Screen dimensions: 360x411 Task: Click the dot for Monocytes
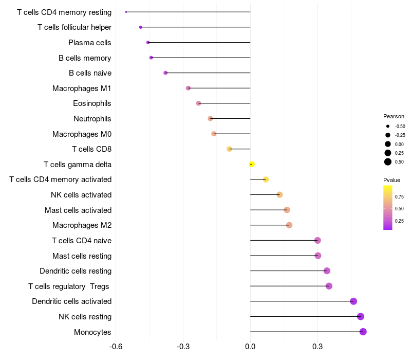(363, 332)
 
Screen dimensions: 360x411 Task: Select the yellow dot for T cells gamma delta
(252, 164)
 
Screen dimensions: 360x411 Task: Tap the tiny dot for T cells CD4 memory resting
(126, 12)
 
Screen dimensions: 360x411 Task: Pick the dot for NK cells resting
(361, 317)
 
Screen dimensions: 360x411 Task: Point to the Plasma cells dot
(148, 42)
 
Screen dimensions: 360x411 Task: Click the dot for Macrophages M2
(289, 225)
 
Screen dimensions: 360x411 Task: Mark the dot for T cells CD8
(230, 149)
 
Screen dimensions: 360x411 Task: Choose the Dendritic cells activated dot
(353, 301)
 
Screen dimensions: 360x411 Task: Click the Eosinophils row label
(92, 103)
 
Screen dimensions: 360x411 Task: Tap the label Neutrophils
(92, 119)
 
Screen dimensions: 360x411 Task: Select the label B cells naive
(90, 73)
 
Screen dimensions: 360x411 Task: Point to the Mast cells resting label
(82, 256)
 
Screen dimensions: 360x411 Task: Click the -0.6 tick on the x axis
(116, 347)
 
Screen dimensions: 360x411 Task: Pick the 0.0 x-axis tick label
(250, 347)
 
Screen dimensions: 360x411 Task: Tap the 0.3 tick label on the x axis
(317, 347)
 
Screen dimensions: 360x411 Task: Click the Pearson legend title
(394, 116)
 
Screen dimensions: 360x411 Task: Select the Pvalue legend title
(391, 180)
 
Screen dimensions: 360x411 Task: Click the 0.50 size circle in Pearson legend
(388, 162)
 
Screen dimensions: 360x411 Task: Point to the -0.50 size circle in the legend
(388, 126)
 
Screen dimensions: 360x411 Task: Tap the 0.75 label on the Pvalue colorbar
(399, 196)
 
